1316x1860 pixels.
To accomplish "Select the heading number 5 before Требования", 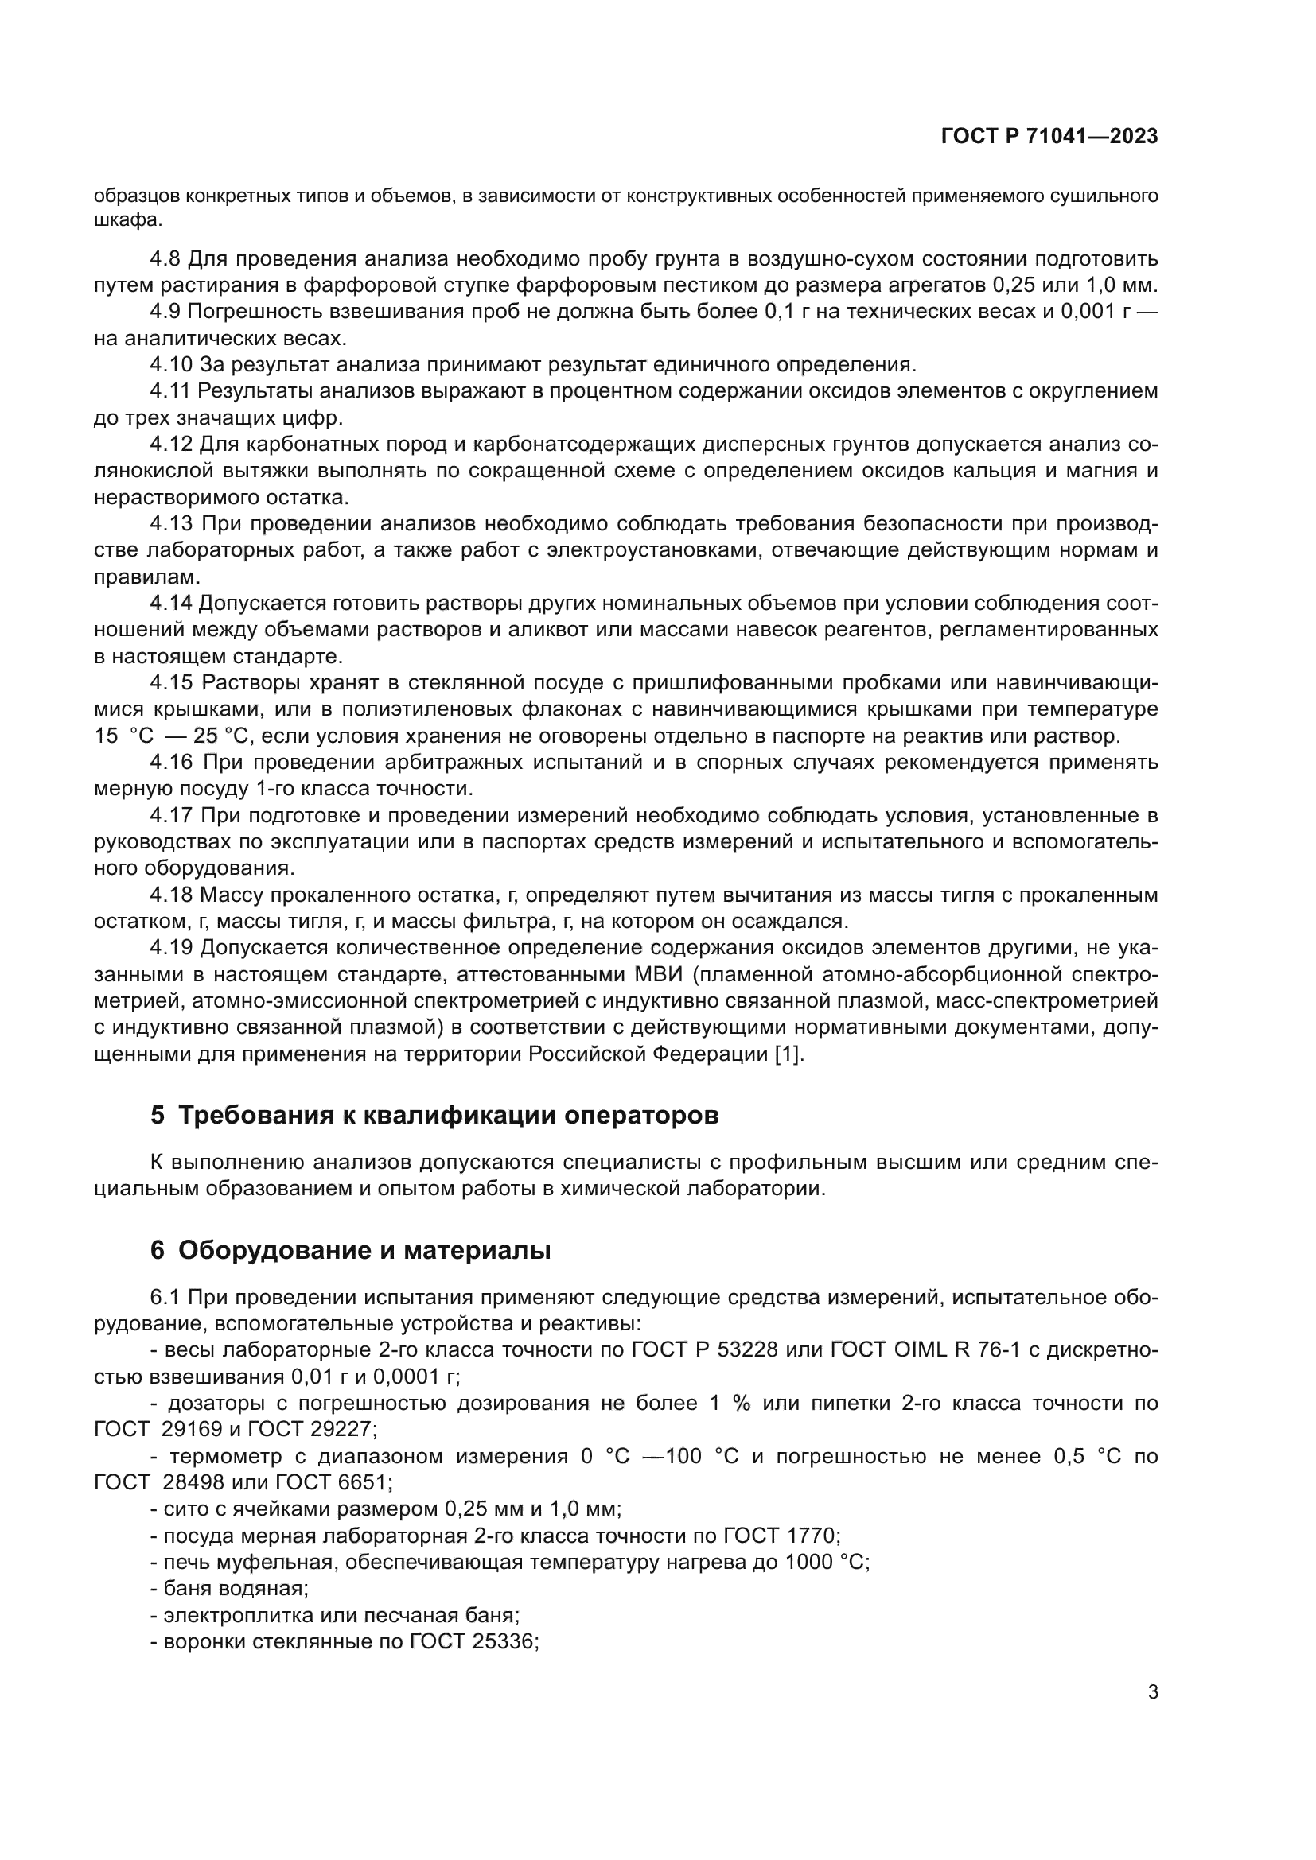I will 158,1116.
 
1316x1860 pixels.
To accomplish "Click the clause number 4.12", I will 171,444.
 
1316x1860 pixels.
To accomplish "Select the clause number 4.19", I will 171,948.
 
